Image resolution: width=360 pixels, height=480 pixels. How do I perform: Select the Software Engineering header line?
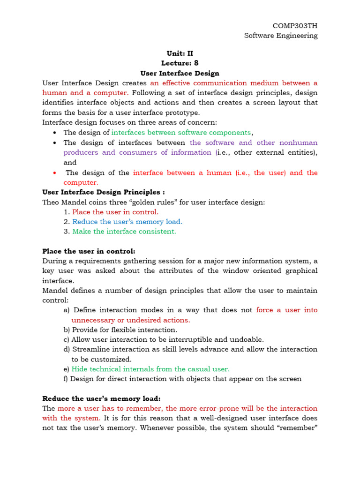pyautogui.click(x=280, y=36)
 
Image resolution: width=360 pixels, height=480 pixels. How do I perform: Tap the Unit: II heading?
pyautogui.click(x=180, y=53)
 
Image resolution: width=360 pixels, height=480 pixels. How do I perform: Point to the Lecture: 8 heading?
pyautogui.click(x=180, y=63)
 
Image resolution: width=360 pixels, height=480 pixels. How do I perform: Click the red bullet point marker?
pyautogui.click(x=55, y=172)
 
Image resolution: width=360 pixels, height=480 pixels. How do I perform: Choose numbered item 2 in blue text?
pyautogui.click(x=127, y=222)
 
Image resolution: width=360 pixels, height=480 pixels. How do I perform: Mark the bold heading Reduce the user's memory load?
pyautogui.click(x=101, y=398)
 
